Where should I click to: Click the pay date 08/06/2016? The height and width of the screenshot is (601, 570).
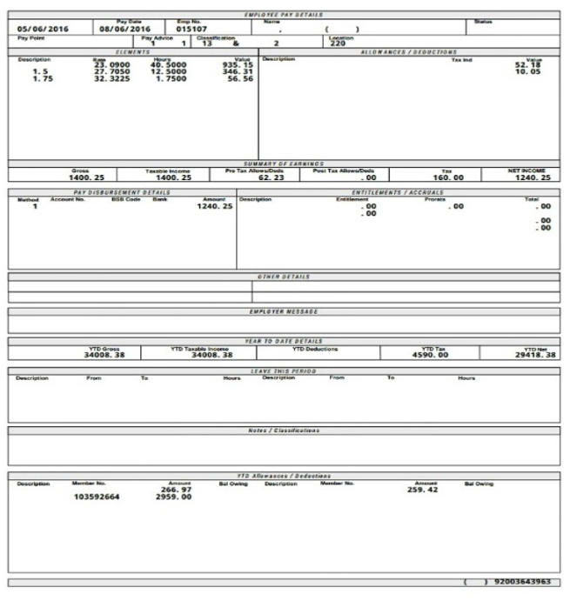pos(124,29)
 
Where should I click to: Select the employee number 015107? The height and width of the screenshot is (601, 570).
pos(191,29)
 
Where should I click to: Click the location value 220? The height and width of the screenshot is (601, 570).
pos(338,43)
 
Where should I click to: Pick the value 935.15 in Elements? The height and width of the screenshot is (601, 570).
pos(237,64)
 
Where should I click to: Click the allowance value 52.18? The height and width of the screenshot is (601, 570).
pos(528,64)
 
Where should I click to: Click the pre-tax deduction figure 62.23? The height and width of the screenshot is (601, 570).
pos(271,177)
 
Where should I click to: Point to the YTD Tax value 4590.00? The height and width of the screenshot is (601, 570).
pos(428,355)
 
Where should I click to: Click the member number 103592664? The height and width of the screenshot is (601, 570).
pos(97,497)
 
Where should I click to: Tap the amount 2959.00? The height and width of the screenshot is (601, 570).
pos(173,497)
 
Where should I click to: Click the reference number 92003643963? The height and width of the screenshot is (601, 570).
pos(520,582)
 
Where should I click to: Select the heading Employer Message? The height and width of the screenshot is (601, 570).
pos(284,311)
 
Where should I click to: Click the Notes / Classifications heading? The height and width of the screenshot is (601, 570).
pos(284,431)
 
